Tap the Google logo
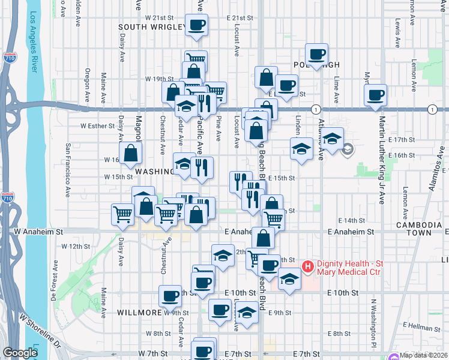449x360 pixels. pyautogui.click(x=20, y=353)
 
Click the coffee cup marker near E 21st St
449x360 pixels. pyautogui.click(x=197, y=25)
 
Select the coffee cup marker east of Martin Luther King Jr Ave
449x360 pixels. pyautogui.click(x=376, y=95)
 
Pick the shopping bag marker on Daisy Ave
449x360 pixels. pyautogui.click(x=130, y=154)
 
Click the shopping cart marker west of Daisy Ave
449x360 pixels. pyautogui.click(x=122, y=214)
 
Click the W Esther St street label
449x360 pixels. pyautogui.click(x=97, y=126)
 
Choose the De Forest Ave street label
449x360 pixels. pyautogui.click(x=53, y=281)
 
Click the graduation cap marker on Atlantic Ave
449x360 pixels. pyautogui.click(x=331, y=139)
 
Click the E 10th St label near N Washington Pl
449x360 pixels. pyautogui.click(x=343, y=292)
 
